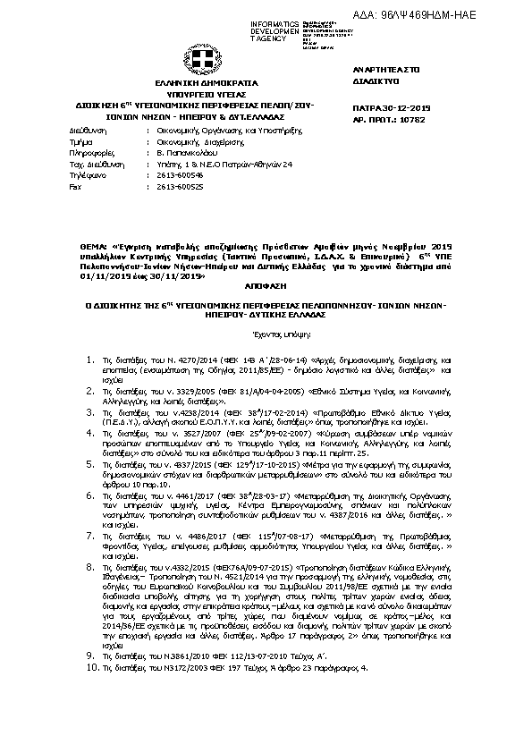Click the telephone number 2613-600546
(174, 175)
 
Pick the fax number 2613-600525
(174, 186)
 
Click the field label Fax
(74, 186)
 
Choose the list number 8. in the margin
(90, 566)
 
